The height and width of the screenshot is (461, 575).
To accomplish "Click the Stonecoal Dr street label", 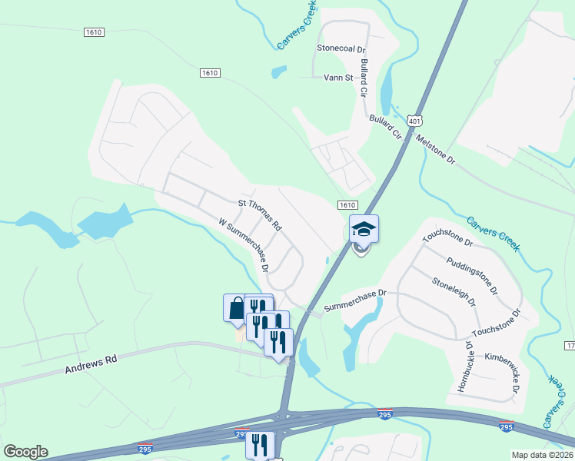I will pyautogui.click(x=341, y=48).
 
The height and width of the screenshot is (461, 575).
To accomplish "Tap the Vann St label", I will pyautogui.click(x=337, y=78).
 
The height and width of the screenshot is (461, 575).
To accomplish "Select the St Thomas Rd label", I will pyautogui.click(x=260, y=216).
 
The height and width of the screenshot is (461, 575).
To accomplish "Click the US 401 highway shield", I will pyautogui.click(x=415, y=121).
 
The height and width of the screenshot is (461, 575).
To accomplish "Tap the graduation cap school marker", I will pyautogui.click(x=364, y=229).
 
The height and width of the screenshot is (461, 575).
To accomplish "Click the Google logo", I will pyautogui.click(x=25, y=452).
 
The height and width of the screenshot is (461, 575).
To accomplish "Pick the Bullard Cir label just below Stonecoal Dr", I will pyautogui.click(x=364, y=78).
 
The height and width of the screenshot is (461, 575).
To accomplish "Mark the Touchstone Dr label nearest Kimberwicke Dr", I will pyautogui.click(x=496, y=325).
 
